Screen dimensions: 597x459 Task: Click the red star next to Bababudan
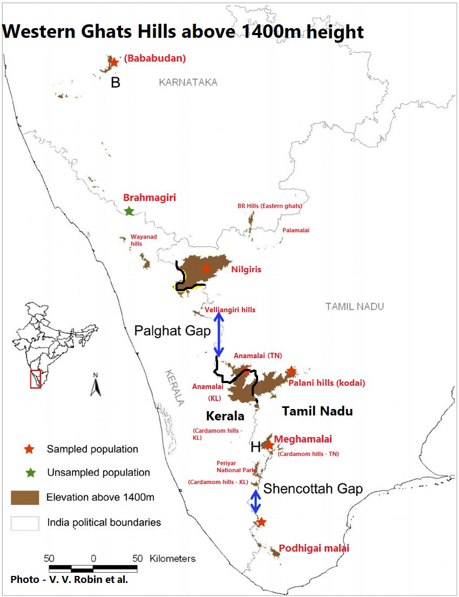click(114, 62)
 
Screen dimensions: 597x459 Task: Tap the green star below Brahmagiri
click(129, 211)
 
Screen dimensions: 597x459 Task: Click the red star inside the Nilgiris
click(206, 269)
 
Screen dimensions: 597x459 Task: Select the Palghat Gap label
click(172, 331)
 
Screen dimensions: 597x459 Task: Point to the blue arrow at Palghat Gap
click(219, 335)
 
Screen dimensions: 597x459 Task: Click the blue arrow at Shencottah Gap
click(255, 501)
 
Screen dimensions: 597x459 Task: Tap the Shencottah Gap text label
click(313, 489)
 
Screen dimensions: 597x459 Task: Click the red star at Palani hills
click(291, 371)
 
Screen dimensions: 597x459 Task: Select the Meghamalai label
click(303, 439)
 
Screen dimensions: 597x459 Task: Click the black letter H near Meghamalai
click(255, 447)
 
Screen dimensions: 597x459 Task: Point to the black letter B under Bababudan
click(115, 83)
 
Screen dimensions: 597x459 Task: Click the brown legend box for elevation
click(25, 497)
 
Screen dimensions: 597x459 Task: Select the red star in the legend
click(30, 449)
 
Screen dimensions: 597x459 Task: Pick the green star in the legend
click(30, 472)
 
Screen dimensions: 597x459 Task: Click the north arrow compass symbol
click(95, 385)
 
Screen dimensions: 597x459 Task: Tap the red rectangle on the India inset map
click(35, 378)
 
